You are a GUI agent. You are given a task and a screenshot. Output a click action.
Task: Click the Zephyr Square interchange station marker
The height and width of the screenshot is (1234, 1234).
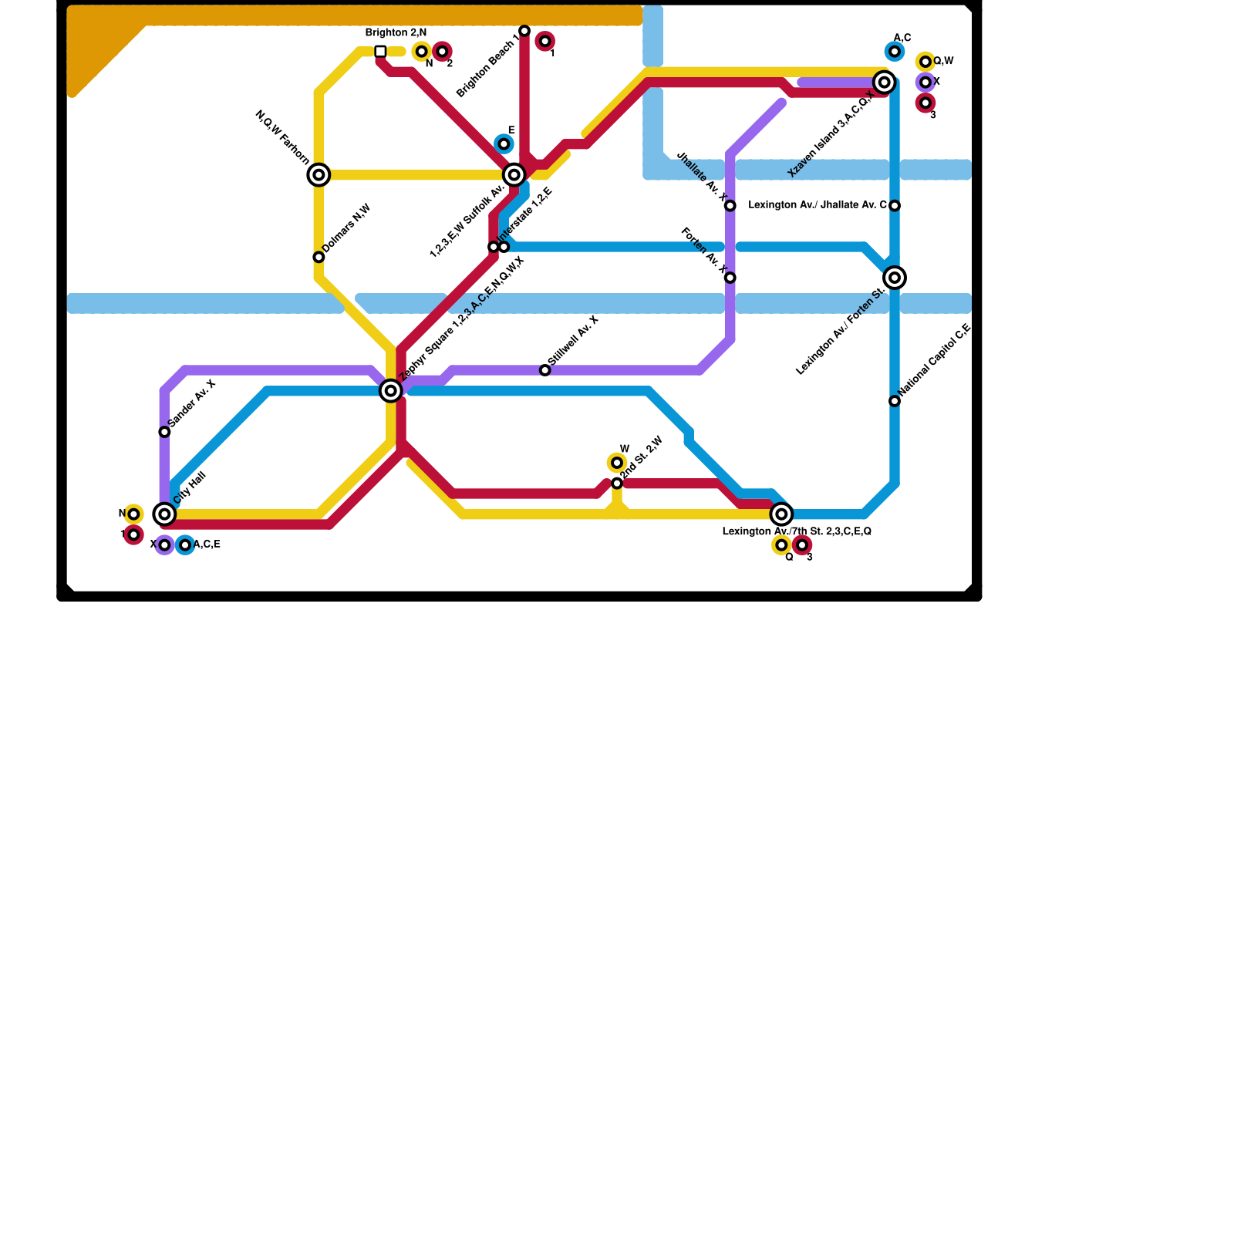point(391,391)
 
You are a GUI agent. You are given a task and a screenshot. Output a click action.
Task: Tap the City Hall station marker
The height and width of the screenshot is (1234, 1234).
point(164,514)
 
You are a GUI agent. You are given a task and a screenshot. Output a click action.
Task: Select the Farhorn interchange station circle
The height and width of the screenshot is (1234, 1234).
point(319,175)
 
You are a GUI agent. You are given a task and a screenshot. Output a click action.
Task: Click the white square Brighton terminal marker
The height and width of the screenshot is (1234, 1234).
point(380,52)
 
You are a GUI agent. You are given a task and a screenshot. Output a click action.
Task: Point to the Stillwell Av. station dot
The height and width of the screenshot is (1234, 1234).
point(545,370)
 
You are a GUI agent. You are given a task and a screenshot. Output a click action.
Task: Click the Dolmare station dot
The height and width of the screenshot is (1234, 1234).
point(319,257)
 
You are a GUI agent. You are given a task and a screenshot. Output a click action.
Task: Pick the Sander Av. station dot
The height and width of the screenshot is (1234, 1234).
point(164,432)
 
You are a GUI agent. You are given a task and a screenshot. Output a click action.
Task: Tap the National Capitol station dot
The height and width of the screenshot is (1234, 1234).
point(895,401)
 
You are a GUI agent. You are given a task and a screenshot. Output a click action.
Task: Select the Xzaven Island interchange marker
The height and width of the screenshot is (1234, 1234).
point(885,83)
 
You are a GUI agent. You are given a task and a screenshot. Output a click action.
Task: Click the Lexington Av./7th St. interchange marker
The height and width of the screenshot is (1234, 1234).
point(781,514)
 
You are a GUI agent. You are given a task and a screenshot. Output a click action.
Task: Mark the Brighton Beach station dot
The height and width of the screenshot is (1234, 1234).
point(524,31)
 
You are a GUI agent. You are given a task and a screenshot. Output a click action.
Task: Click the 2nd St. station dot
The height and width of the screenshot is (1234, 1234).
point(617,483)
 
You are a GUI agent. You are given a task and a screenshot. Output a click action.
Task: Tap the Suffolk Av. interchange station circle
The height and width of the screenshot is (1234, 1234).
point(514,175)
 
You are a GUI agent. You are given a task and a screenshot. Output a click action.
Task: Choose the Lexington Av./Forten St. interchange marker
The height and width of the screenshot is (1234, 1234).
point(895,278)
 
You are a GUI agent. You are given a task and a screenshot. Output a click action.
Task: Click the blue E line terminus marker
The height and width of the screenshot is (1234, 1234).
point(504,144)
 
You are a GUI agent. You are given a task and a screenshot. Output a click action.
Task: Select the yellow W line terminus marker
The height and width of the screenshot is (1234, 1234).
point(617,463)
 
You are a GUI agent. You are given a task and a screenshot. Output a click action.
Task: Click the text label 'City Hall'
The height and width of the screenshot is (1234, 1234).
point(190,487)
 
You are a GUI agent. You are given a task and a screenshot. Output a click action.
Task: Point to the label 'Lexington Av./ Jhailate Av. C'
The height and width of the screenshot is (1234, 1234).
point(818,205)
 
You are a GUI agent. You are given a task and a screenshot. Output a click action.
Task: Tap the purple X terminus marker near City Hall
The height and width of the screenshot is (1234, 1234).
point(164,545)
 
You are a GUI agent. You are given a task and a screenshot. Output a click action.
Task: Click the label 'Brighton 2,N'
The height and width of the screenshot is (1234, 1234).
point(396,33)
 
